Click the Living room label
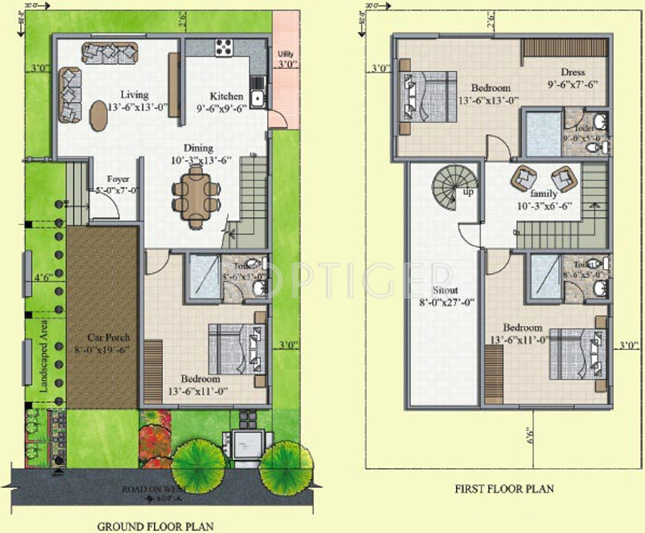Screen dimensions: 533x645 (134, 95)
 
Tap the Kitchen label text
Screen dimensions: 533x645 (226, 96)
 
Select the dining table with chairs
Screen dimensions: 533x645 (195, 195)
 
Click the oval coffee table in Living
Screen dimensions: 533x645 (99, 115)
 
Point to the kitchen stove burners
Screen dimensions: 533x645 (223, 48)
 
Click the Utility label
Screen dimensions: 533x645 (285, 54)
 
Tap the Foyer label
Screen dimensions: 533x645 (118, 180)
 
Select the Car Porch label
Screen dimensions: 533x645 (104, 337)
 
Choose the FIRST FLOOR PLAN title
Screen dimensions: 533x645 (504, 489)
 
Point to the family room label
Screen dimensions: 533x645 (543, 194)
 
